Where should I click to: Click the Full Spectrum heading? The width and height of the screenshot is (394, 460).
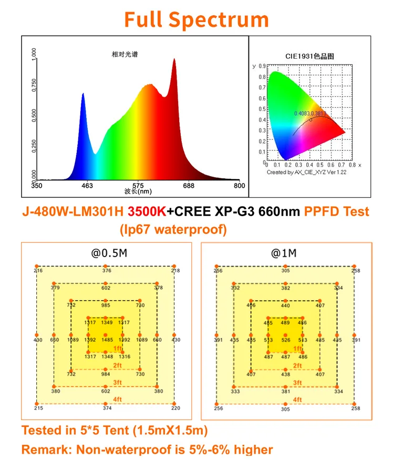[196, 19]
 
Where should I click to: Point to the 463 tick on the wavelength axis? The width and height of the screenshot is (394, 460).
[87, 186]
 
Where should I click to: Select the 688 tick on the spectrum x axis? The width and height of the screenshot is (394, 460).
[189, 186]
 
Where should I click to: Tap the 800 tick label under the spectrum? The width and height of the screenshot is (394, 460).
[239, 186]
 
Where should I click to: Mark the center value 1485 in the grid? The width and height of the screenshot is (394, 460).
[107, 340]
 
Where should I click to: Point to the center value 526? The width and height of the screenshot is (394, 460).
[285, 340]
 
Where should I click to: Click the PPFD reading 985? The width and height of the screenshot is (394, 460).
[106, 305]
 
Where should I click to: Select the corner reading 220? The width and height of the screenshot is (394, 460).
[175, 408]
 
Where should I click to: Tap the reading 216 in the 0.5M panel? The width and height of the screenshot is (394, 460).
[38, 271]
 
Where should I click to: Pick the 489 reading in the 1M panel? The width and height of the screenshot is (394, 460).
[285, 323]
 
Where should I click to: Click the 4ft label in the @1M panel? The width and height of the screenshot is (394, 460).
[297, 400]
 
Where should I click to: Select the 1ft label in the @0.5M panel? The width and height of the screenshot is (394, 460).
[118, 348]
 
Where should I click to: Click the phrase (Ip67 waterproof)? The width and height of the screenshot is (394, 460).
[173, 230]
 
